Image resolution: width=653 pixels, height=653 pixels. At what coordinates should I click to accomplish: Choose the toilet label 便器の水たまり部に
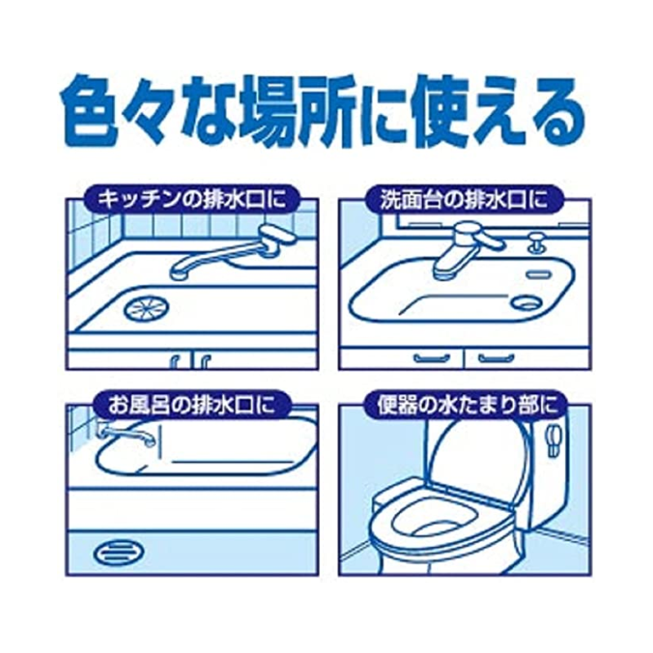[462, 403]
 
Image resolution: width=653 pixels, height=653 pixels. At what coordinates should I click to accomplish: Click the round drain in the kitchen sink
[142, 308]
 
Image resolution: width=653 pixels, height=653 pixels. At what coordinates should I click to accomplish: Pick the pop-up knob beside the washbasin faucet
[535, 242]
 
